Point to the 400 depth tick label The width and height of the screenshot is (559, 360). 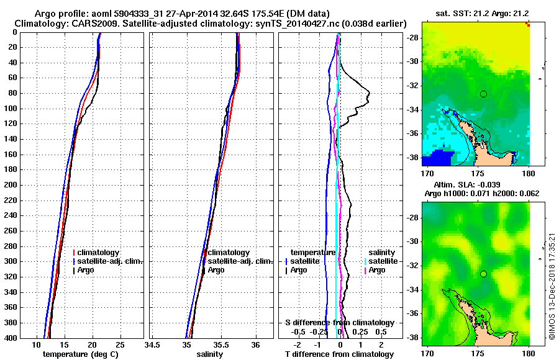(9, 338)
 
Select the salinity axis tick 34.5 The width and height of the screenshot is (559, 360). (153, 345)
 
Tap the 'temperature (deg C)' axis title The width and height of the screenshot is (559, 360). (80, 354)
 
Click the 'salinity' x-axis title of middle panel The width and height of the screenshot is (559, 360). (209, 354)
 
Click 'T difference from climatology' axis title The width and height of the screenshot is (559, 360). (339, 354)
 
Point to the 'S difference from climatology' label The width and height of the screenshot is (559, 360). (339, 323)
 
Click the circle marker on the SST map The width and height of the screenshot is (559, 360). (483, 94)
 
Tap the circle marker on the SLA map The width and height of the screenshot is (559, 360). (483, 274)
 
